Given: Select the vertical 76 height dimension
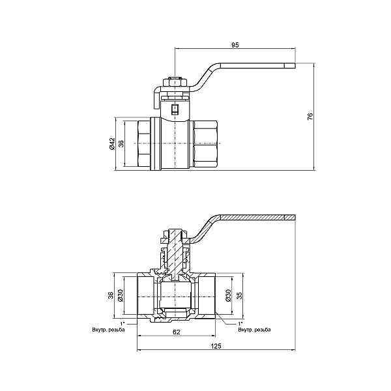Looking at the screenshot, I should (311, 116).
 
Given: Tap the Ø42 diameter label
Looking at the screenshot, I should (112, 144).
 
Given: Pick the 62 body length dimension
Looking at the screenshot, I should (175, 332).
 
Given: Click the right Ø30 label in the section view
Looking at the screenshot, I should (227, 296).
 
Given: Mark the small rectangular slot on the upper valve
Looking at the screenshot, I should (174, 109).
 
